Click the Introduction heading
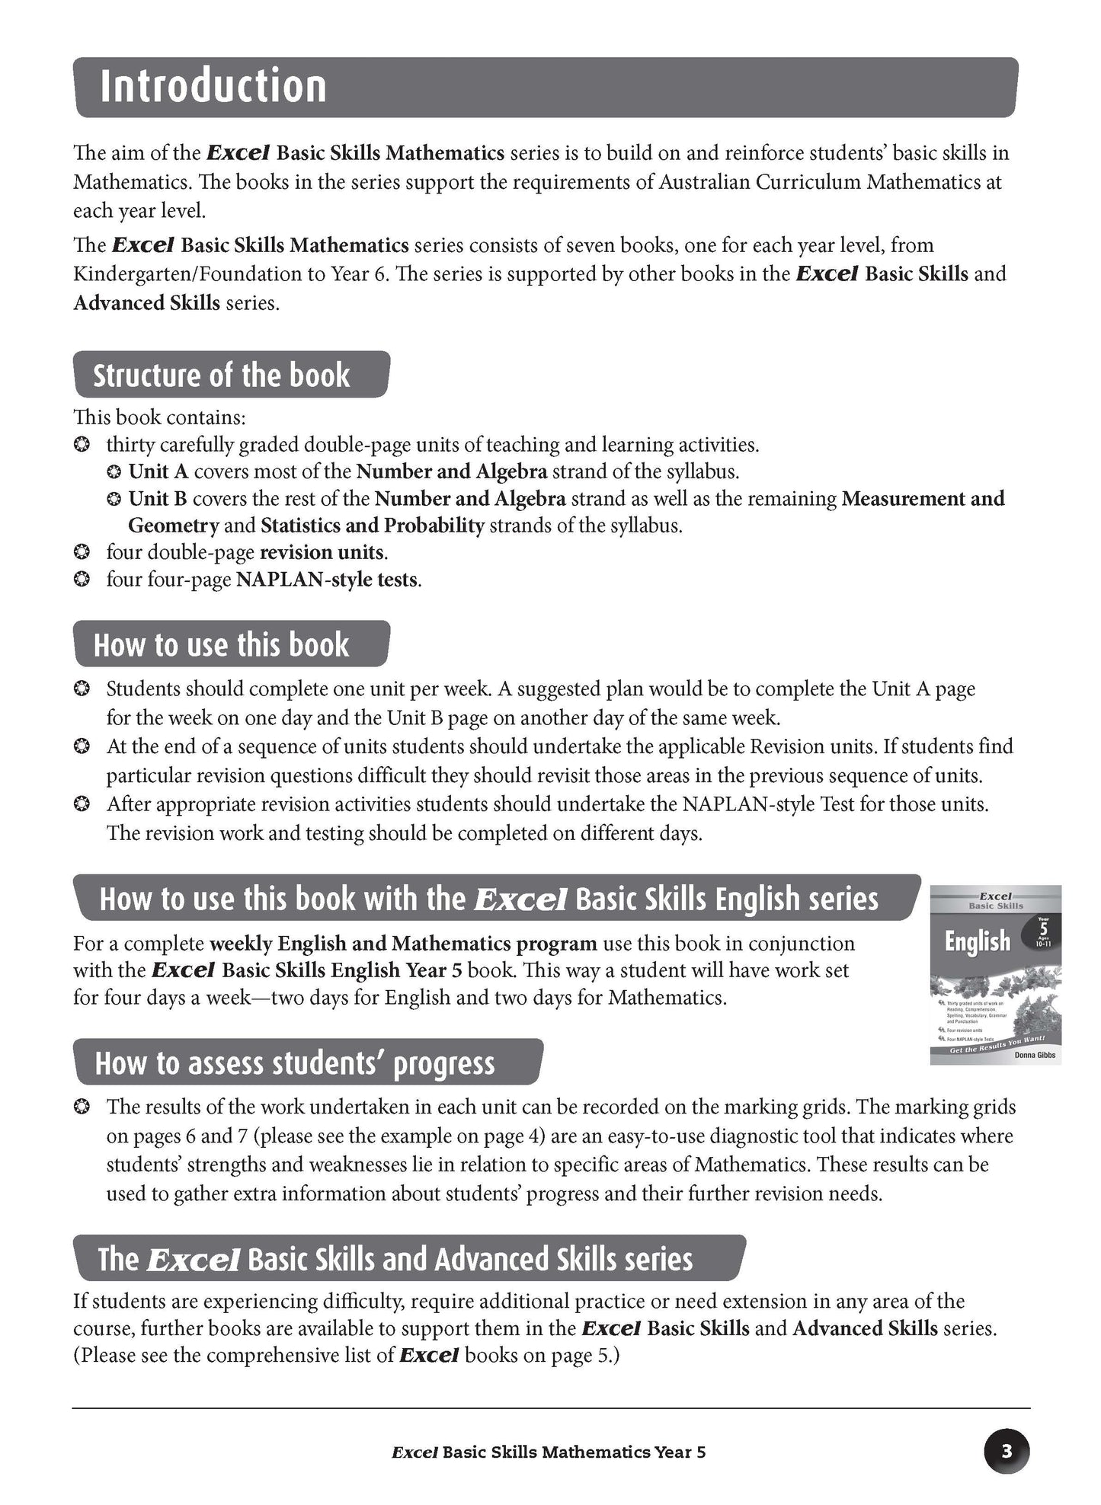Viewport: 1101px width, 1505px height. (213, 86)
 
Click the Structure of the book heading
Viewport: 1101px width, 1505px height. (221, 375)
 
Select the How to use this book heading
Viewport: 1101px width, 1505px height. (221, 645)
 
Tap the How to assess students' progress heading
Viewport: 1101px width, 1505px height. (295, 1063)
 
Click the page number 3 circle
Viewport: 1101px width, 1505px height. (1007, 1452)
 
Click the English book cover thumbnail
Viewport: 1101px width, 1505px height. (995, 974)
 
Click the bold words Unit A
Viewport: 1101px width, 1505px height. (158, 471)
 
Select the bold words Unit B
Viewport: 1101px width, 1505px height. (158, 499)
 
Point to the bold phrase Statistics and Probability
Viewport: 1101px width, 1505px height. (373, 526)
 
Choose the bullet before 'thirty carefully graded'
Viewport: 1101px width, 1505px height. (82, 445)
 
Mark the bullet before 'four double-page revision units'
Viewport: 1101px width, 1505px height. (82, 552)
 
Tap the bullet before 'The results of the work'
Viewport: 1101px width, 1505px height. (82, 1107)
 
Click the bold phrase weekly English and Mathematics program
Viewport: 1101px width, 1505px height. (403, 944)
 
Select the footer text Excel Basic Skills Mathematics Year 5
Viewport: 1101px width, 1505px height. (549, 1452)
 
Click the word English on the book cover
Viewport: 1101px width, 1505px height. (978, 942)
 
